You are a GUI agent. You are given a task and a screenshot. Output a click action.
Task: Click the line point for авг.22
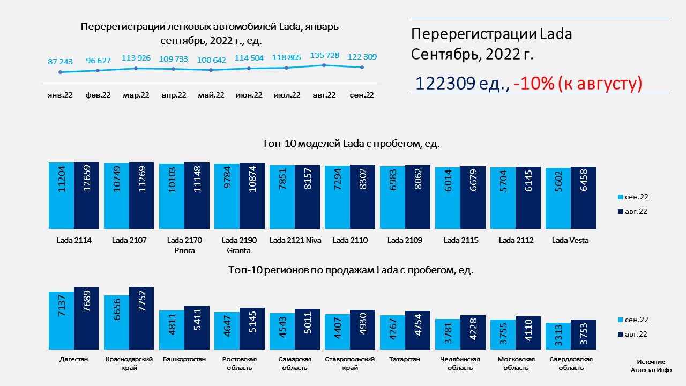click(324, 65)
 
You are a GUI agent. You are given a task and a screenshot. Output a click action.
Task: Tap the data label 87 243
click(61, 62)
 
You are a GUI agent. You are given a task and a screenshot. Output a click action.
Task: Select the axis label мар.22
click(136, 95)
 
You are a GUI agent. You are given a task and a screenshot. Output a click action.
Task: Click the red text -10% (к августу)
click(578, 83)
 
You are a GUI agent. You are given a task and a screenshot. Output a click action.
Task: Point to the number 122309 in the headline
click(445, 83)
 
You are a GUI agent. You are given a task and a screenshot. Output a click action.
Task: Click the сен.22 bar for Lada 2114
click(61, 196)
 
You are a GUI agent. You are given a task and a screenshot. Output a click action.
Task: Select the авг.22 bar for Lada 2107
click(141, 196)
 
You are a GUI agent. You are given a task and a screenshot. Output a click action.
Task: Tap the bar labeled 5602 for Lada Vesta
click(558, 198)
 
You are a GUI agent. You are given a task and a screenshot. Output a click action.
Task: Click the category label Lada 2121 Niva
click(295, 240)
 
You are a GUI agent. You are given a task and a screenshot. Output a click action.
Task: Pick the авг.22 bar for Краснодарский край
click(141, 318)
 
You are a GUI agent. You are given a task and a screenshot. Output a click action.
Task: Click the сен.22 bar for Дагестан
click(61, 321)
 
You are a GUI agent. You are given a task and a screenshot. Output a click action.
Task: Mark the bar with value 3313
click(558, 336)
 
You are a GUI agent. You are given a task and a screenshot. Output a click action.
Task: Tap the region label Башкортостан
click(184, 359)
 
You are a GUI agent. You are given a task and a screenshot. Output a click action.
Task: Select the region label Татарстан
click(405, 359)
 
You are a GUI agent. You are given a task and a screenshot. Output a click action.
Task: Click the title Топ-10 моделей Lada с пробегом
click(351, 144)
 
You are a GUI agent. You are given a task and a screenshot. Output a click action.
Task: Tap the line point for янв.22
click(61, 72)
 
